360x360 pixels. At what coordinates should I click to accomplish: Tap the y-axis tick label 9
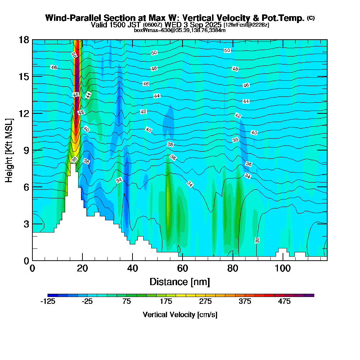click(26, 150)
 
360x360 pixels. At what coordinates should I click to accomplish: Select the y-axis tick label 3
click(26, 224)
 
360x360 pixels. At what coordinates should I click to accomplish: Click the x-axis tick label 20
click(82, 268)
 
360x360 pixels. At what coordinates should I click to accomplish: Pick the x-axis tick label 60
click(183, 268)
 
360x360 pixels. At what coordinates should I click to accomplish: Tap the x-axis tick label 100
click(283, 268)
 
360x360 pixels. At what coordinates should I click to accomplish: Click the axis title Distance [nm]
click(180, 282)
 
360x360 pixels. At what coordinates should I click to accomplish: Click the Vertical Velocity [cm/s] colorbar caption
click(180, 315)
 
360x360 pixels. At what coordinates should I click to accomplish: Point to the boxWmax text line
click(180, 30)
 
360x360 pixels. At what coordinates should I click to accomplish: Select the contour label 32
click(257, 240)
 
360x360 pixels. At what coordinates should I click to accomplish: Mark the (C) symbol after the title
click(311, 18)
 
